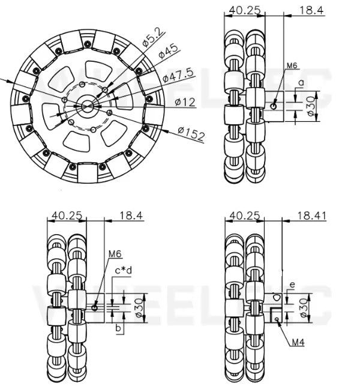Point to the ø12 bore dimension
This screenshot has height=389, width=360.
tap(185, 102)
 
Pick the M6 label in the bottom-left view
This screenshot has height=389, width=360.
tap(116, 255)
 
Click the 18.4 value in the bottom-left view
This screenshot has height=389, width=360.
tap(131, 215)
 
